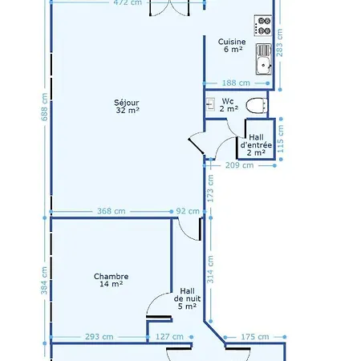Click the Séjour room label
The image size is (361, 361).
[x=127, y=106]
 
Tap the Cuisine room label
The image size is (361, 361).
[x=232, y=45]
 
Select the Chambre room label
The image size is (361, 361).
[x=112, y=280]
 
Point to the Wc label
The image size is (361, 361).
[x=229, y=105]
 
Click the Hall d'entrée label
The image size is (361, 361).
[x=256, y=145]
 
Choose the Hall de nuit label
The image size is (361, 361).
[x=187, y=298]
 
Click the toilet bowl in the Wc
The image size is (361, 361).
[x=256, y=105]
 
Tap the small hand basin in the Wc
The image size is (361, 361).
[x=211, y=104]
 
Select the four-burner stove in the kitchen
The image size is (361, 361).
[x=263, y=26]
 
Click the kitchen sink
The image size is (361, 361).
[x=264, y=59]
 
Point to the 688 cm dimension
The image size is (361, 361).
[x=45, y=107]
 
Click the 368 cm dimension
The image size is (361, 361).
[x=112, y=211]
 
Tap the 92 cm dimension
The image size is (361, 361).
[x=188, y=211]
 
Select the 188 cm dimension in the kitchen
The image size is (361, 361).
[x=236, y=83]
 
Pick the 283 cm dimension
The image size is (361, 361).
[x=279, y=43]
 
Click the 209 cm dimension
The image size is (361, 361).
[x=239, y=165]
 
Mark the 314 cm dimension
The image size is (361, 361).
[x=210, y=270]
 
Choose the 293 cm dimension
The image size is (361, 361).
[x=99, y=337]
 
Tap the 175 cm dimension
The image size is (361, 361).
[x=255, y=337]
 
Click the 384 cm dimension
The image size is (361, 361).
[x=44, y=281]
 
